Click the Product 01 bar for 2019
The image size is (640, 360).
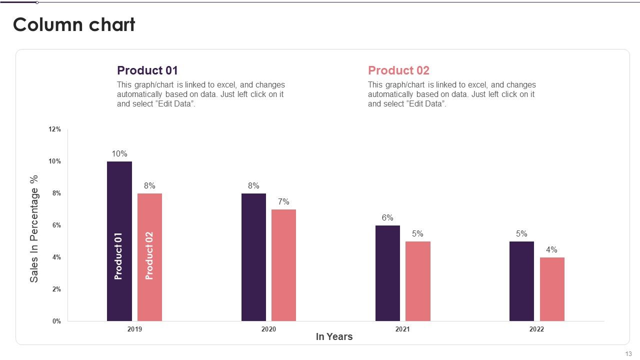(119, 241)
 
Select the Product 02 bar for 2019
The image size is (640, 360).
(149, 257)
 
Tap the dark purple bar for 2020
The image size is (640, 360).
(253, 257)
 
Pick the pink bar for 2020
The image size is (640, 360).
(283, 265)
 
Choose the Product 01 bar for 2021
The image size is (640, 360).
(387, 273)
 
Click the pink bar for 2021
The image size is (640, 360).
(418, 281)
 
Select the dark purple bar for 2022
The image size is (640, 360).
(521, 281)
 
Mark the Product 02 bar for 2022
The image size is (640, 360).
(552, 289)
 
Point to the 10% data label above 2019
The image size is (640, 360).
(119, 153)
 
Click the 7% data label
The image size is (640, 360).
(283, 201)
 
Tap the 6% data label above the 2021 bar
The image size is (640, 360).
(387, 217)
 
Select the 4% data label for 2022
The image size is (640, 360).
(551, 249)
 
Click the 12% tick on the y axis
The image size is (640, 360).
(54, 129)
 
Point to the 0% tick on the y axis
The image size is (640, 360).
(56, 321)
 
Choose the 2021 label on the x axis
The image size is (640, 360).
(402, 329)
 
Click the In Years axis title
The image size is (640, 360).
(334, 336)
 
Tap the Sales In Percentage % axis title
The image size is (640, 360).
(33, 229)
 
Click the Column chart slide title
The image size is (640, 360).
(74, 24)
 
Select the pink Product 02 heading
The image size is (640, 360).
(398, 70)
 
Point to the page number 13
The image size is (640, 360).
(628, 353)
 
